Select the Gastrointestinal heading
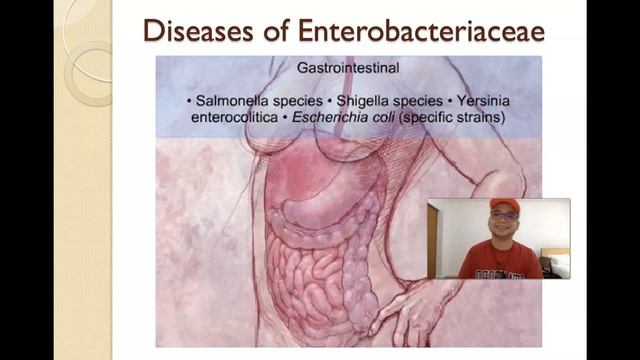pyautogui.click(x=347, y=70)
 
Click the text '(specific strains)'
pyautogui.click(x=461, y=118)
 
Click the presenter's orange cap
pyautogui.click(x=502, y=205)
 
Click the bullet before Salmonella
pyautogui.click(x=190, y=102)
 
